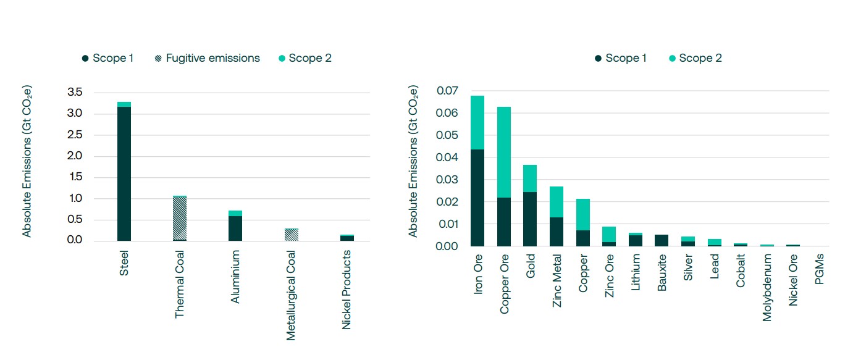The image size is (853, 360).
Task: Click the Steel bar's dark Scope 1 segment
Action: pyautogui.click(x=124, y=173)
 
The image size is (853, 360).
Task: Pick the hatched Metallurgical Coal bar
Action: pyautogui.click(x=291, y=235)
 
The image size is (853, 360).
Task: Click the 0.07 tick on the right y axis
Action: pyautogui.click(x=447, y=91)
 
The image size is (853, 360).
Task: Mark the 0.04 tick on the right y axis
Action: pyautogui.click(x=447, y=157)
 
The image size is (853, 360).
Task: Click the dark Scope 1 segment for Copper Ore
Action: pyautogui.click(x=505, y=222)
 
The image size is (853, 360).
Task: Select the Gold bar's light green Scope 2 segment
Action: pyautogui.click(x=531, y=178)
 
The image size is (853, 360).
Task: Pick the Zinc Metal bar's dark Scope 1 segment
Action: pyautogui.click(x=557, y=232)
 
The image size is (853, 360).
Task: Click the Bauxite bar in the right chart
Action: pyautogui.click(x=662, y=240)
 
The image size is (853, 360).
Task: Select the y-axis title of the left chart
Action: pyautogui.click(x=27, y=161)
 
